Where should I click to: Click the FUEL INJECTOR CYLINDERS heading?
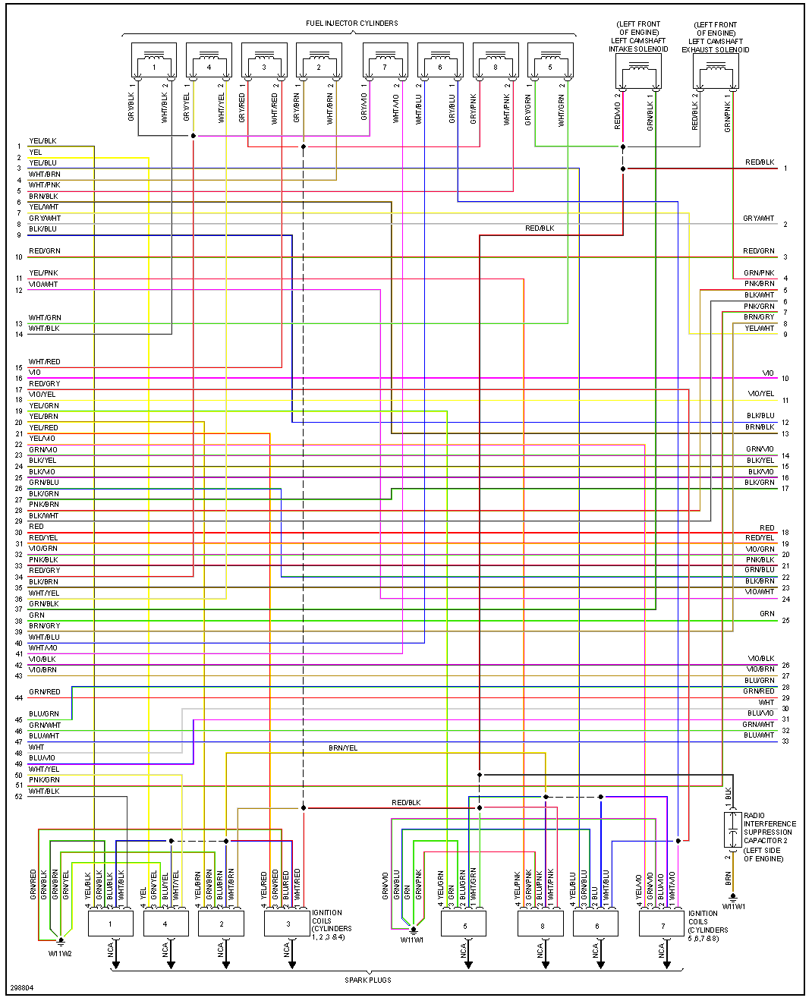[351, 24]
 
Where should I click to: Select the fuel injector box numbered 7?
[385, 61]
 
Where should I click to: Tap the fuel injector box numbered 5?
[550, 61]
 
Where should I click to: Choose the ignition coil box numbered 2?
[221, 924]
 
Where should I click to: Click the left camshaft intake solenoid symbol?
[638, 73]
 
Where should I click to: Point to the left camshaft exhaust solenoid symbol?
[716, 73]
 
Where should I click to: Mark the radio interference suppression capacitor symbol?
[732, 830]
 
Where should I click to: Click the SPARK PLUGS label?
[368, 980]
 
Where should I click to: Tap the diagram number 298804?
[21, 988]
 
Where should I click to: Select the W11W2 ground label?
[60, 953]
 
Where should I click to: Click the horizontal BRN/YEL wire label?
[343, 748]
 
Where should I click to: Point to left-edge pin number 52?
[18, 797]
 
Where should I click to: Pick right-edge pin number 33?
[785, 741]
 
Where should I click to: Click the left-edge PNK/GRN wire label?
[44, 780]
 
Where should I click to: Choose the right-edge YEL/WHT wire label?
[759, 329]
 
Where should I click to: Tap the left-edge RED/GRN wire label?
[45, 251]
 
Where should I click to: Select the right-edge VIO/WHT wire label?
[759, 592]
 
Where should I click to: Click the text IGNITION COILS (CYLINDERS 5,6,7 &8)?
[707, 926]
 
